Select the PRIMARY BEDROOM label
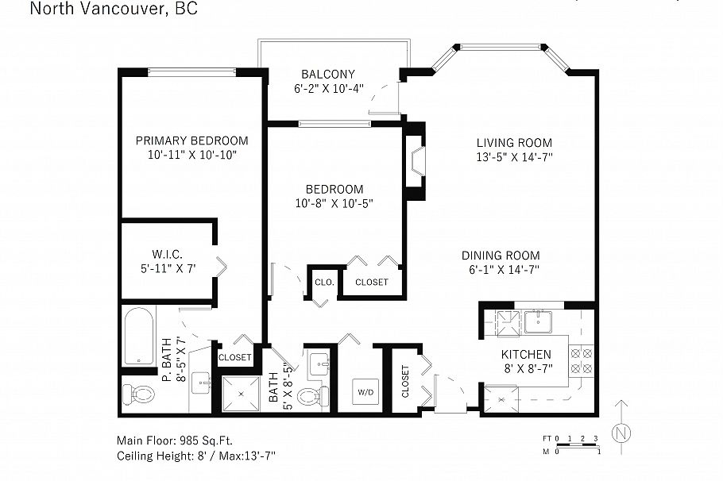pos(191,140)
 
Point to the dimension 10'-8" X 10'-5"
pos(334,203)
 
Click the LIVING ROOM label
pos(514,143)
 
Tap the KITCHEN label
pos(526,354)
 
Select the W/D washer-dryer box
pos(365,391)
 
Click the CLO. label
pos(323,282)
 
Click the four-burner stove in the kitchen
pos(583,361)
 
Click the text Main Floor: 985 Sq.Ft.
pos(175,440)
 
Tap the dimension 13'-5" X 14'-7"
pos(514,157)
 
